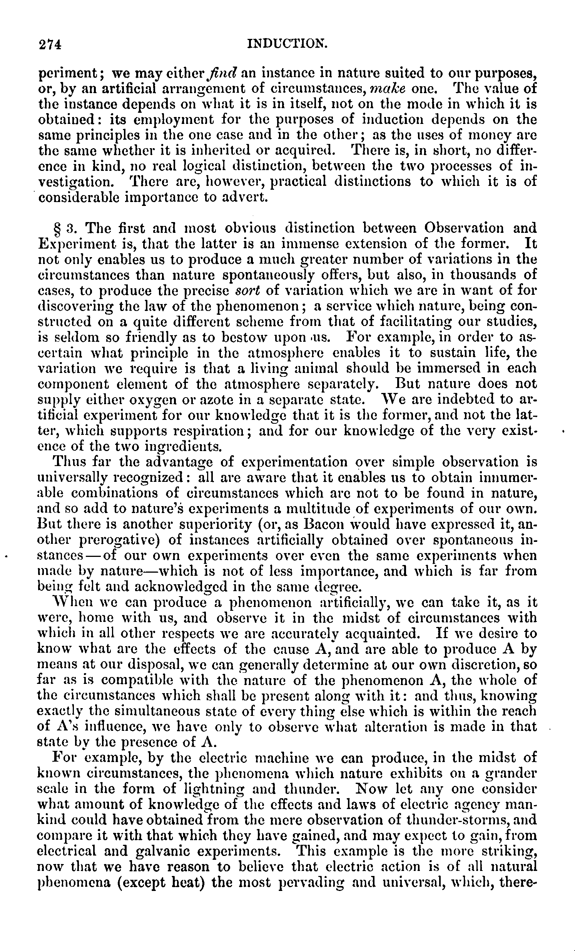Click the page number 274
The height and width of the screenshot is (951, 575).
tap(50, 45)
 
